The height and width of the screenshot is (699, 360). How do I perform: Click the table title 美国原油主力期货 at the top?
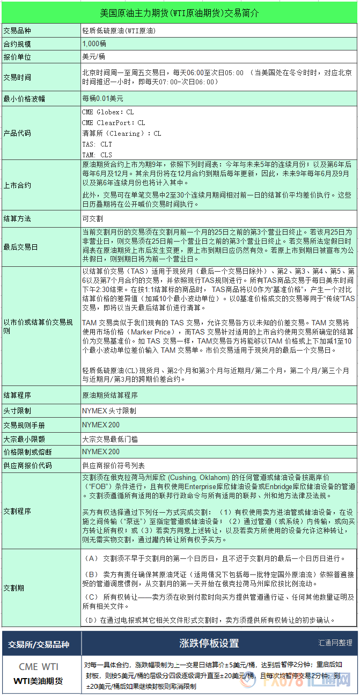(x=179, y=12)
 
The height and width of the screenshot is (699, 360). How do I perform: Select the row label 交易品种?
(x=17, y=31)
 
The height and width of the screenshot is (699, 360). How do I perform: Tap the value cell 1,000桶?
(x=94, y=43)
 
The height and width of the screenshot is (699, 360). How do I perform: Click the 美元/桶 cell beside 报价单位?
(x=93, y=56)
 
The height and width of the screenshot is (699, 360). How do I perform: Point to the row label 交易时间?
(x=17, y=77)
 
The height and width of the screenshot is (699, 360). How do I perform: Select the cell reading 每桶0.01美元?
(x=102, y=99)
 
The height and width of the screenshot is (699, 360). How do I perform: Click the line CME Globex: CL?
(x=108, y=112)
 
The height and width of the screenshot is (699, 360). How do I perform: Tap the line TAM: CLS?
(x=97, y=155)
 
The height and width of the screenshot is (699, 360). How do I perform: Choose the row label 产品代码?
(x=17, y=133)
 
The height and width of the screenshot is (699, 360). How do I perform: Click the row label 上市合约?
(x=17, y=185)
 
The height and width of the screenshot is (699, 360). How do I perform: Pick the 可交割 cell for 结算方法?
(x=92, y=219)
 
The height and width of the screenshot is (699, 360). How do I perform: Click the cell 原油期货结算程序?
(x=109, y=395)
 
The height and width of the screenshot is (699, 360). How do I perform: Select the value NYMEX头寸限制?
(x=109, y=411)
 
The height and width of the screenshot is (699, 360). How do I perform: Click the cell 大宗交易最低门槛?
(x=109, y=439)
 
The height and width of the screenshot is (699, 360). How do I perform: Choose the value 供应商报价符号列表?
(x=113, y=465)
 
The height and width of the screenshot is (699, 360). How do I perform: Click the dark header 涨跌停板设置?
(x=209, y=643)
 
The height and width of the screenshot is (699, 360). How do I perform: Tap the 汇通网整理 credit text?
(x=335, y=642)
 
